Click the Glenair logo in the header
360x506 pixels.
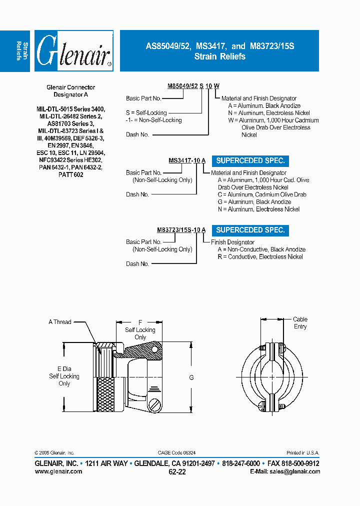point(73,51)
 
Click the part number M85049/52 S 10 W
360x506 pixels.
point(192,86)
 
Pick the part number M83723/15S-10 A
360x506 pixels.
point(181,230)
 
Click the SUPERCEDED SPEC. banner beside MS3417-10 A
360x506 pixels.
point(250,161)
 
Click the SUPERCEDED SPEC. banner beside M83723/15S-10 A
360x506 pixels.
point(250,230)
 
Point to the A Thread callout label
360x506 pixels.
point(59,322)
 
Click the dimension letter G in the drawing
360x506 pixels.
point(191,378)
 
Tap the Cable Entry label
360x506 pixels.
point(300,323)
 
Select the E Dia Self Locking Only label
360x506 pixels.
point(64,376)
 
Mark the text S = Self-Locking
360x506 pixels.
point(146,113)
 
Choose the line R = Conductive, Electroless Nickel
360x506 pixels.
point(260,256)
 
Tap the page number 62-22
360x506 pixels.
point(177,472)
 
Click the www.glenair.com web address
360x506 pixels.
point(58,471)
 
